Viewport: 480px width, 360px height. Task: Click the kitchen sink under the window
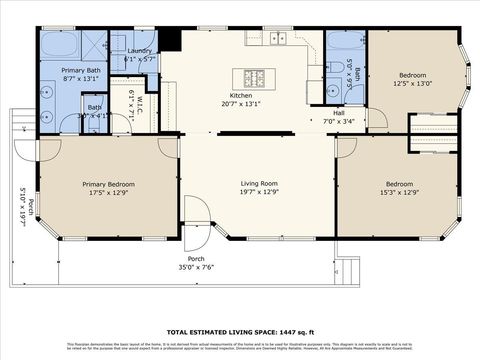(277, 39)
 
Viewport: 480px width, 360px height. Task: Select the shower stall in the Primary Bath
(95, 45)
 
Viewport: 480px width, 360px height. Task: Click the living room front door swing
(197, 213)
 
